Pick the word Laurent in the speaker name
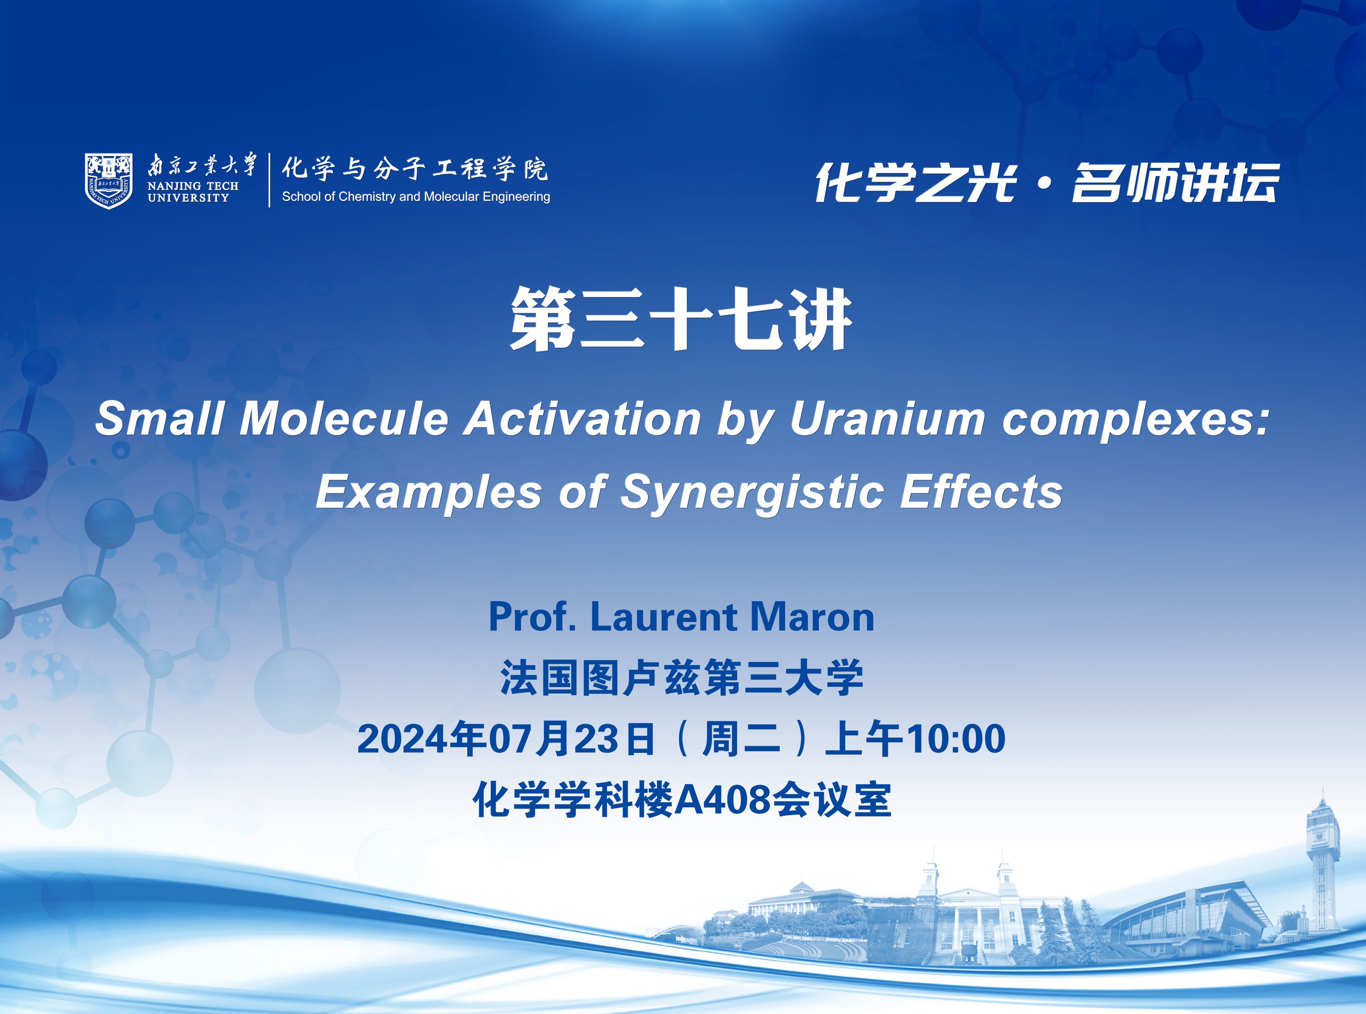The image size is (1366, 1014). tap(663, 617)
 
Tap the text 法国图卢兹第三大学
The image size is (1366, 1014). tap(681, 678)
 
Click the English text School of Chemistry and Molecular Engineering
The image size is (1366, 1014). tap(416, 196)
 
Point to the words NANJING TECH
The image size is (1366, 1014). tap(193, 185)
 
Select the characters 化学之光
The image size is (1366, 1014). tap(915, 182)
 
